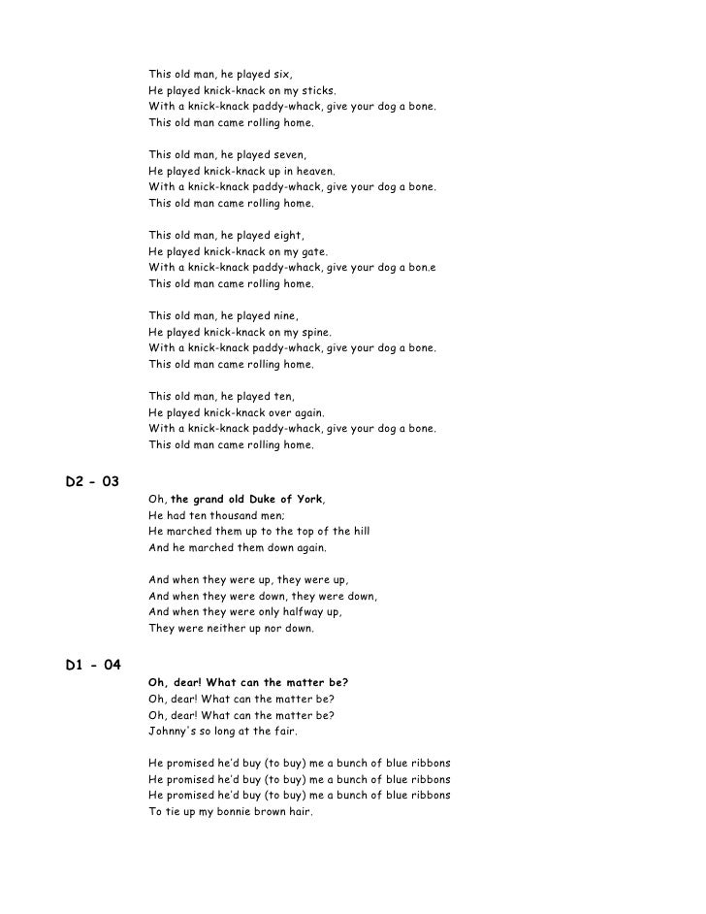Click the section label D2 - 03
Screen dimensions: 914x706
92,482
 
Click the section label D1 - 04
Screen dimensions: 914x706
92,665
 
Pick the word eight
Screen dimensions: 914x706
289,236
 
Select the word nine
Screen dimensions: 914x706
286,316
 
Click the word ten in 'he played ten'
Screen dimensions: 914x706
284,397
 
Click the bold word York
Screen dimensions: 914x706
307,500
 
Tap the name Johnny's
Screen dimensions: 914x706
172,731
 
